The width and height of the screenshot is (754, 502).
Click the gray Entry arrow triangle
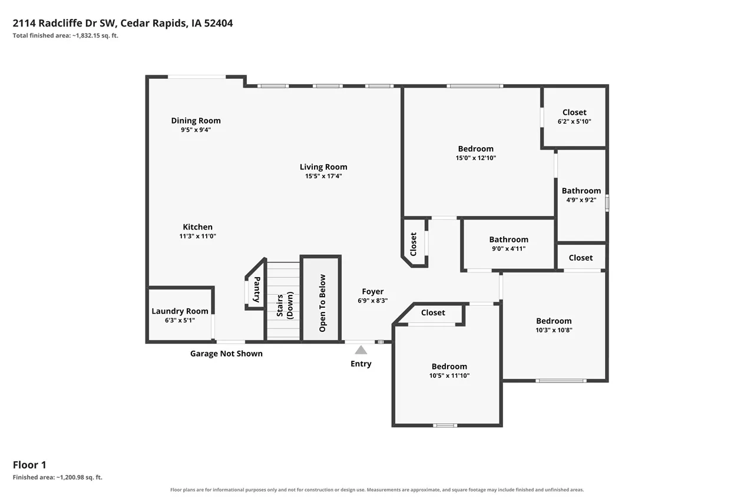tap(361, 350)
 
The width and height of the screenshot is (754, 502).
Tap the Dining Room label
tap(196, 121)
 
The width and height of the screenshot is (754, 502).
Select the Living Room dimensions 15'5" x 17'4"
tap(323, 176)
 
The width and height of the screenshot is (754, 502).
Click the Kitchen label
tap(197, 227)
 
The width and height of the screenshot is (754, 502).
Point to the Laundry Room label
tap(180, 311)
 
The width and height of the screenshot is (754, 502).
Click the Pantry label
tap(257, 290)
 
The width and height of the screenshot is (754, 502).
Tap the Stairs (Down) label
tap(285, 305)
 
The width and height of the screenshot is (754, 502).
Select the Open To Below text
tap(322, 303)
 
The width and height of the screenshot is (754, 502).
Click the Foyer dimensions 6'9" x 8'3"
tap(373, 301)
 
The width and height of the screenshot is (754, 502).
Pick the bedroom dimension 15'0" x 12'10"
tap(475, 158)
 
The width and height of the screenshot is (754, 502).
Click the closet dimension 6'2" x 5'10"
tap(574, 121)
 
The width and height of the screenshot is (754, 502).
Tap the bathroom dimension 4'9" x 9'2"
tap(581, 200)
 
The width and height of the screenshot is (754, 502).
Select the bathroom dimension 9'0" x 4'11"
tap(508, 248)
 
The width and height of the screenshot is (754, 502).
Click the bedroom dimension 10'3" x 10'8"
tap(554, 330)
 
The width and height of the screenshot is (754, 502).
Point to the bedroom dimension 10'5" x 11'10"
tap(449, 375)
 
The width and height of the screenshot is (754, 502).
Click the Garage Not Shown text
tap(226, 353)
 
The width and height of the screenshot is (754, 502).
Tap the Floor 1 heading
tap(29, 465)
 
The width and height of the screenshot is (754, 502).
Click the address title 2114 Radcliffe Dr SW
tap(65, 23)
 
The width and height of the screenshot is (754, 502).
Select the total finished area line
tap(65, 35)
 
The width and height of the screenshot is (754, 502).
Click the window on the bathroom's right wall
tap(607, 203)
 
